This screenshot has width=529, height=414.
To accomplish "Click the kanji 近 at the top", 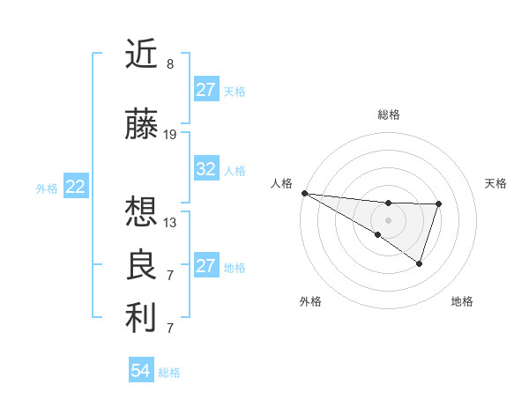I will click(141, 55).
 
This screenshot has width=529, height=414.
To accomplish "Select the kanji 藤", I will click(141, 126).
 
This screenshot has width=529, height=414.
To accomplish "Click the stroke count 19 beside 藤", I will click(170, 135).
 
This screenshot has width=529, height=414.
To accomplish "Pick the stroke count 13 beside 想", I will click(170, 222).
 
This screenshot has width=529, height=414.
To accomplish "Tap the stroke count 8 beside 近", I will click(170, 64).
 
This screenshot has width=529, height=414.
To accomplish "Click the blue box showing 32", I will click(206, 169).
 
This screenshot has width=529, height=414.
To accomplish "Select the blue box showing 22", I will click(75, 187).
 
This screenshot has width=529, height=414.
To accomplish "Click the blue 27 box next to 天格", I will click(206, 90).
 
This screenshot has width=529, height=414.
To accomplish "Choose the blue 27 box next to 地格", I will click(206, 266).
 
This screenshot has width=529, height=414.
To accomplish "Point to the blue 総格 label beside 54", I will click(169, 373).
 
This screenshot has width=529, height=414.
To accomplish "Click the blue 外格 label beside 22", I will click(47, 188).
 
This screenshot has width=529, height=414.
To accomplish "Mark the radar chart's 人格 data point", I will click(304, 193).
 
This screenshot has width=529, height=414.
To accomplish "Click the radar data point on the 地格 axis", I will click(420, 263).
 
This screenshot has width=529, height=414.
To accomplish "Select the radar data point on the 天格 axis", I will click(438, 204).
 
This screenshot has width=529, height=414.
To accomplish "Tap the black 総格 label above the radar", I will click(388, 115).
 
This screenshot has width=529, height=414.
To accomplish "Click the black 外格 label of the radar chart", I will click(310, 302).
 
